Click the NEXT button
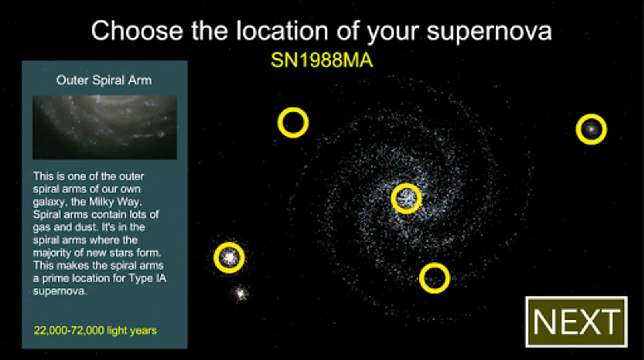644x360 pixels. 576,322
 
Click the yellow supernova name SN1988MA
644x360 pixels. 322,60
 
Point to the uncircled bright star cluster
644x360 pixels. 241,294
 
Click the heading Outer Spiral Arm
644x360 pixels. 104,80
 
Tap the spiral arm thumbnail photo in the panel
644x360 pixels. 105,127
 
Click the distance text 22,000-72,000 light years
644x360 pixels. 95,330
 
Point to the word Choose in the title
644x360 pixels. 137,30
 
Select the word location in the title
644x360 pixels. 282,30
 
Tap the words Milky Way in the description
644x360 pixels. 115,202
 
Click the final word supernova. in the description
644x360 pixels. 60,291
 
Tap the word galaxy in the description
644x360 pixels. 50,202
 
